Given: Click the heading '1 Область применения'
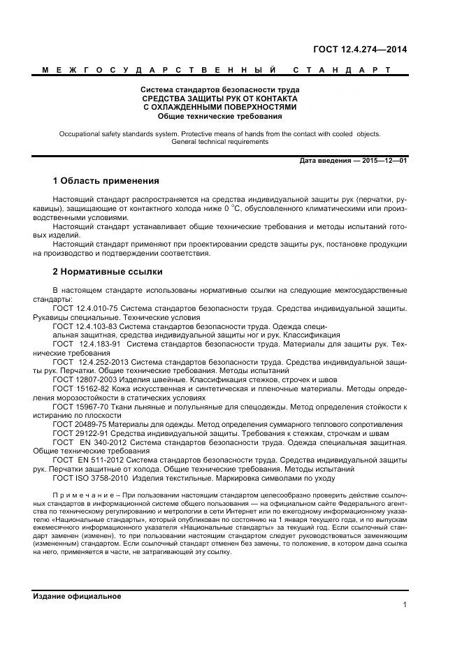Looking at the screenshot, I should tap(106, 180).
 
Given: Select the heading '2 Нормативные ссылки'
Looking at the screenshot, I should tap(108, 271).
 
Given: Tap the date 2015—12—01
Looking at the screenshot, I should tap(384, 161).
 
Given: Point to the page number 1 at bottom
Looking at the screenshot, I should tap(405, 604).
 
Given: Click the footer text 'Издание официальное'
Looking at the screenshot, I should tap(77, 596).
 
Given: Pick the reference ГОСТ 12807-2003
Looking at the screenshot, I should tap(82, 379).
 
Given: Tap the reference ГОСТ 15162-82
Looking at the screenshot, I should tap(80, 388).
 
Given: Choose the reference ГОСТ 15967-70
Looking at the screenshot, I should tap(80, 406).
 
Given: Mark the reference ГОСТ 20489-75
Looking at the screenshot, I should tap(80, 424).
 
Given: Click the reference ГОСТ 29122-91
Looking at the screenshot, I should tap(80, 433).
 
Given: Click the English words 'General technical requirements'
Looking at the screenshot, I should tap(219, 141).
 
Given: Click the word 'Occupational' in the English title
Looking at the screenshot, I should tap(80, 132).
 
